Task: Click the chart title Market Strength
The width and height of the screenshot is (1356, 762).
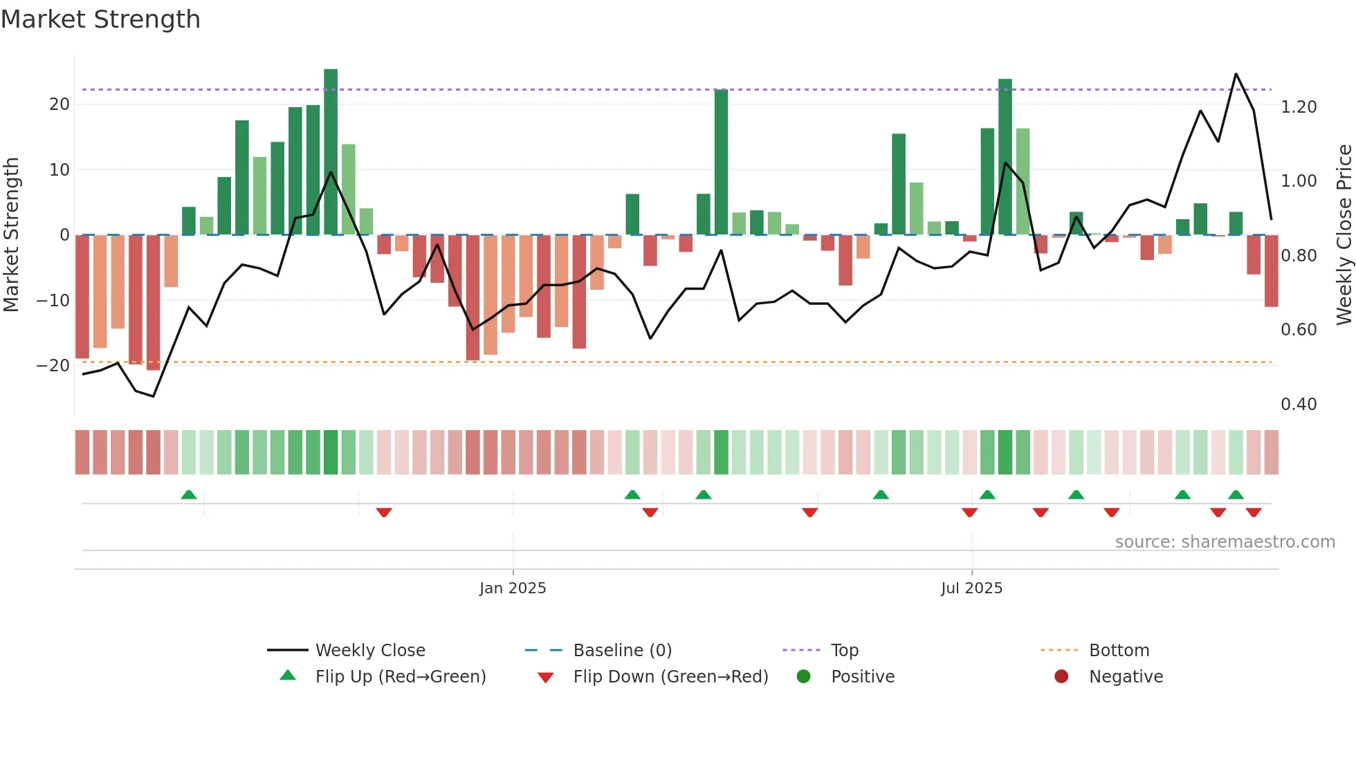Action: tap(100, 19)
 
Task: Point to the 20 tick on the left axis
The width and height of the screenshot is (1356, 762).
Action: tap(59, 104)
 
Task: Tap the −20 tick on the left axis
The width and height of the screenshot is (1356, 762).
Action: tap(53, 366)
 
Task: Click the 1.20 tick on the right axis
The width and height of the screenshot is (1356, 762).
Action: tap(1298, 107)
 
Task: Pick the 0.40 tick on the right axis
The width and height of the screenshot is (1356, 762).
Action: tap(1298, 405)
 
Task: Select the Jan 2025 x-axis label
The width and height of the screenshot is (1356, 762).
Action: tap(513, 588)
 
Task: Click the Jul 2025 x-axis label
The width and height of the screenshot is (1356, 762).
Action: tap(971, 588)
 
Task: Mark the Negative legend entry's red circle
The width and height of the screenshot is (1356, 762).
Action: tap(1061, 676)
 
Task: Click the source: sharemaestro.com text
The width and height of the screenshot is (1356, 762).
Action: tap(1225, 542)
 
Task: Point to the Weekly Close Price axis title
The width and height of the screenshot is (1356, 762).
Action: tap(1344, 235)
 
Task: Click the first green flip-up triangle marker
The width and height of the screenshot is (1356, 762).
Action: tap(189, 494)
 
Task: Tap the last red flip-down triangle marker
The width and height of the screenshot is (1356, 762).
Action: tap(1254, 512)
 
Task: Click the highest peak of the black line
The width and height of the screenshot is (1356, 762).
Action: tap(1236, 74)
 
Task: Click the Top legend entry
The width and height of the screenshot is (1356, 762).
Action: tap(844, 651)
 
